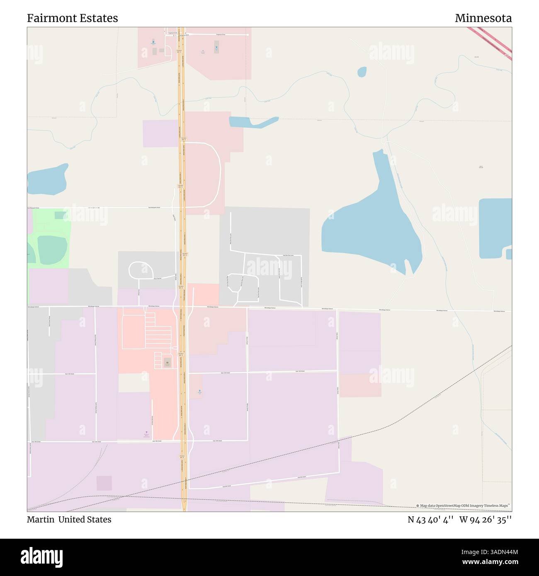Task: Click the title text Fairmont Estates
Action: click(x=73, y=18)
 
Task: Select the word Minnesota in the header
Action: click(x=483, y=18)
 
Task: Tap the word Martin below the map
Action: click(x=41, y=519)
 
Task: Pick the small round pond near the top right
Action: click(x=362, y=72)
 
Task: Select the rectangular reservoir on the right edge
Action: click(x=494, y=228)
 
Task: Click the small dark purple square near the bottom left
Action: click(x=104, y=483)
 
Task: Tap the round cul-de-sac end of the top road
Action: click(x=248, y=35)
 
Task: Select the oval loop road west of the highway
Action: click(x=142, y=271)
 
